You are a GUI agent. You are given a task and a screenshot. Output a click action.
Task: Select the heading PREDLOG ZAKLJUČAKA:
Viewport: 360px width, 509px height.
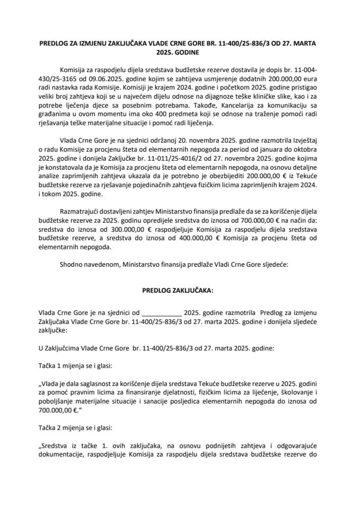[180, 291]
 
